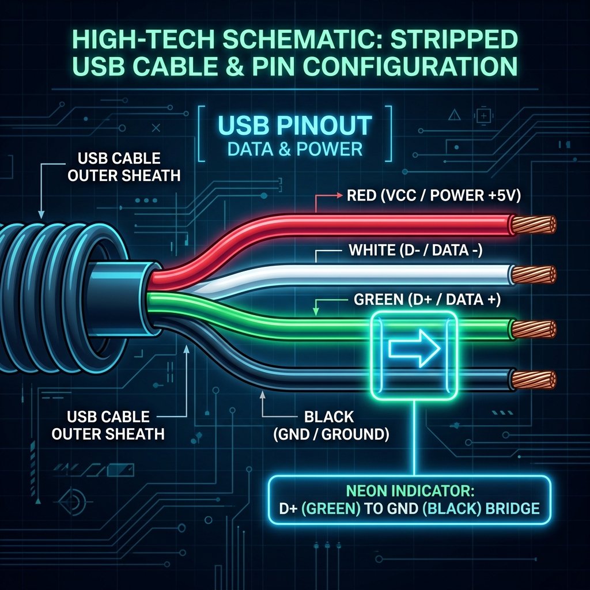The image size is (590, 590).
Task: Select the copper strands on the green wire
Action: pyautogui.click(x=534, y=329)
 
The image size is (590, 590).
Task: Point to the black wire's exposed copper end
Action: pyautogui.click(x=534, y=379)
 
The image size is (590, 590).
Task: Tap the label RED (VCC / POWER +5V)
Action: pyautogui.click(x=434, y=196)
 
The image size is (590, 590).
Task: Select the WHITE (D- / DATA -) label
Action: pyautogui.click(x=415, y=250)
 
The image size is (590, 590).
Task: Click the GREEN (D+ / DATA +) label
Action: pyautogui.click(x=427, y=300)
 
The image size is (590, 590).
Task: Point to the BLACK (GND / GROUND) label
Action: pyautogui.click(x=331, y=426)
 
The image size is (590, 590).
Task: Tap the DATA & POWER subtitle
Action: pyautogui.click(x=295, y=149)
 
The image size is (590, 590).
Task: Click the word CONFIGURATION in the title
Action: pyautogui.click(x=410, y=67)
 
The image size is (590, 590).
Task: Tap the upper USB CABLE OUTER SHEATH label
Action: pyautogui.click(x=124, y=167)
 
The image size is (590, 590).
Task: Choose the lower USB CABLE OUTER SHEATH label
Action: pyautogui.click(x=108, y=426)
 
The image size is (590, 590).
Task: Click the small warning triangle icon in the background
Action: pyautogui.click(x=455, y=115)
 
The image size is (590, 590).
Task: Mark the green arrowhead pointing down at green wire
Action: pyautogui.click(x=316, y=312)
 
